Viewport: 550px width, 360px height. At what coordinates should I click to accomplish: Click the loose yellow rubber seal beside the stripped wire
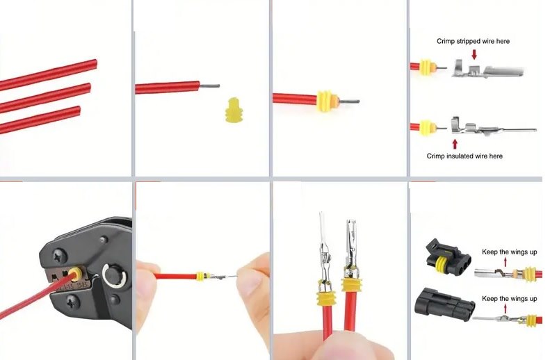[x=235, y=110]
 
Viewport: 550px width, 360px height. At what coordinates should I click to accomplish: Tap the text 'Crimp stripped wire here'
[x=473, y=42]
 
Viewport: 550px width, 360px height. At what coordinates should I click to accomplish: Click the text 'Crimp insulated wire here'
[x=464, y=156]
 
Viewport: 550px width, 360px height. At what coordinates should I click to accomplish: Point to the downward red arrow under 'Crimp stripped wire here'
[x=474, y=54]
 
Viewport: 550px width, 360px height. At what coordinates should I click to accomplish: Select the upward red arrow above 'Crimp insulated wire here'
[x=455, y=144]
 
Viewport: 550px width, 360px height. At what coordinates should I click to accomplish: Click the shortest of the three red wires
[x=40, y=119]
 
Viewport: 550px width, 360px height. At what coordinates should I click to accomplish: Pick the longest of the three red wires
[x=48, y=74]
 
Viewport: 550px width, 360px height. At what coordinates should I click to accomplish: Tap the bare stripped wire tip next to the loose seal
[x=209, y=85]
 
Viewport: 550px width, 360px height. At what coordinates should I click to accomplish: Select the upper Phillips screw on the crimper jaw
[x=60, y=256]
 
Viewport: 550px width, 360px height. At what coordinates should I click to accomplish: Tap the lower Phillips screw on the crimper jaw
[x=72, y=302]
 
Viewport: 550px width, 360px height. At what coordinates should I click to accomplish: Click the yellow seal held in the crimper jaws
[x=75, y=273]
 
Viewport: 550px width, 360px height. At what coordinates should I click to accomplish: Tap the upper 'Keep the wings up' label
[x=509, y=252]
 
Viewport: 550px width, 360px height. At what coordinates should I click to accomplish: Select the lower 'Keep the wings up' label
[x=509, y=299]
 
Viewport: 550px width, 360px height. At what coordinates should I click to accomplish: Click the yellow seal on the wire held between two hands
[x=200, y=276]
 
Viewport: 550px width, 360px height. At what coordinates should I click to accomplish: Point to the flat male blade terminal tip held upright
[x=321, y=224]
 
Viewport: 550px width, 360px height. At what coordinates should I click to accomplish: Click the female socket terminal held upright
[x=350, y=248]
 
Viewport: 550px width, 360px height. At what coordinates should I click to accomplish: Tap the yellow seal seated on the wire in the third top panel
[x=326, y=101]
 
